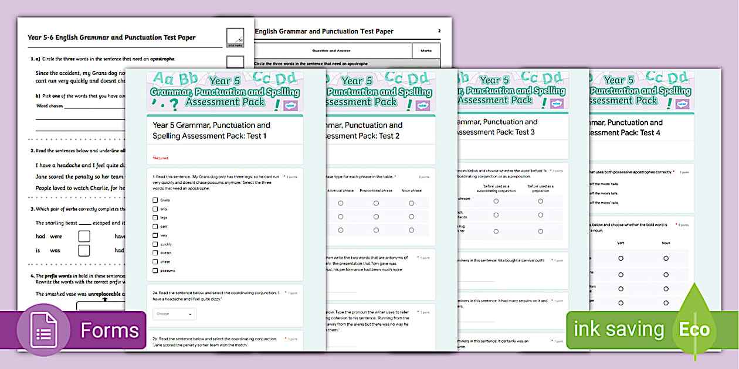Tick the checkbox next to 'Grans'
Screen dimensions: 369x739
(x=155, y=200)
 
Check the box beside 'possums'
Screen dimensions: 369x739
(x=155, y=271)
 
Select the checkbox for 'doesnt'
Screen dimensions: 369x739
(x=155, y=252)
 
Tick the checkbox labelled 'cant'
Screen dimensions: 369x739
(x=155, y=226)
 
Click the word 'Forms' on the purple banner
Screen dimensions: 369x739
(x=110, y=331)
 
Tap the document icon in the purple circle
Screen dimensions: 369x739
(x=44, y=331)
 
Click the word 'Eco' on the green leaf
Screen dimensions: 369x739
(x=694, y=330)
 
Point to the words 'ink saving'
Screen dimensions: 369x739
(x=619, y=330)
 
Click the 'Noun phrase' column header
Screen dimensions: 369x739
(x=411, y=190)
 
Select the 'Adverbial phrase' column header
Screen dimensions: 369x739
(x=340, y=190)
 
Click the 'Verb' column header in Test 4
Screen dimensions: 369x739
(x=621, y=242)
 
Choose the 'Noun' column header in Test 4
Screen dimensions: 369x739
(x=666, y=242)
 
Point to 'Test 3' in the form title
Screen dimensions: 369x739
(x=521, y=132)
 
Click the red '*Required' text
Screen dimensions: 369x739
(x=160, y=158)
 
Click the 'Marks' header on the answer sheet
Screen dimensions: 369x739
(x=426, y=51)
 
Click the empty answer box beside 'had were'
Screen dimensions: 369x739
(x=84, y=236)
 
